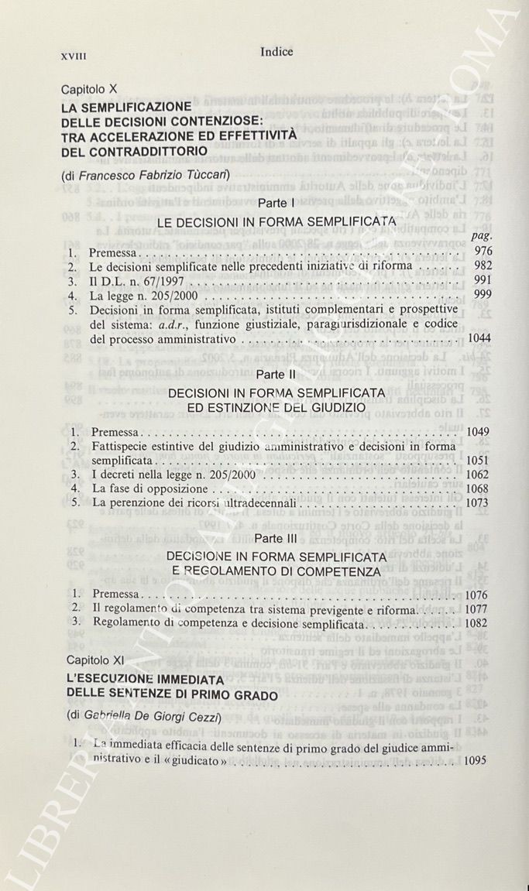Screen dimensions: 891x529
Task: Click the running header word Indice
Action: pos(277,52)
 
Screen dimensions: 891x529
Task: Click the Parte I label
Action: pos(276,203)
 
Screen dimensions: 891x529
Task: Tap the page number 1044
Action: pos(479,338)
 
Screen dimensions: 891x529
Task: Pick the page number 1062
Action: pos(479,474)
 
